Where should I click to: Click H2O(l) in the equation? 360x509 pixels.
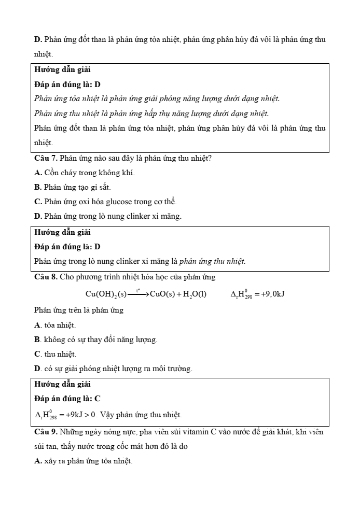click(x=195, y=294)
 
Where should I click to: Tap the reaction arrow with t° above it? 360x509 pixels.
click(x=138, y=294)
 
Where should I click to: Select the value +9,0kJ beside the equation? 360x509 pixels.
click(x=273, y=294)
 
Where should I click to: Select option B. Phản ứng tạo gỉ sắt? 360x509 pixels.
click(x=73, y=187)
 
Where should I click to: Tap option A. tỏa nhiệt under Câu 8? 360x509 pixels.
click(x=55, y=325)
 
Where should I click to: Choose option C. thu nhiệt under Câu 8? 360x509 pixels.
click(x=55, y=354)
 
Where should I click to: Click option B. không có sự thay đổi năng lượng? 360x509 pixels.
click(x=95, y=340)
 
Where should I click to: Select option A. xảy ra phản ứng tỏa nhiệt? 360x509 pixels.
click(x=83, y=460)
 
